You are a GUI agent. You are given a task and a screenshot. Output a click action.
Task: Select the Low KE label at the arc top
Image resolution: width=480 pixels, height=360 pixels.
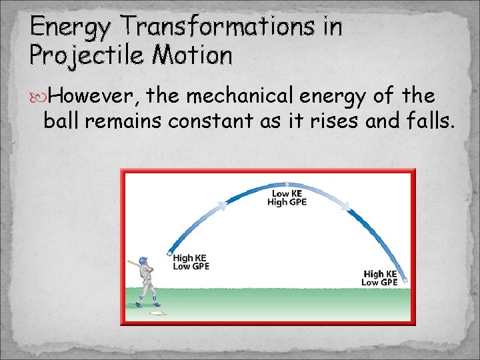pos(287,193)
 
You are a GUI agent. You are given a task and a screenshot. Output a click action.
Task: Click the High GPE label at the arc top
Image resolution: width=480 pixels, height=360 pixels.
pos(287,202)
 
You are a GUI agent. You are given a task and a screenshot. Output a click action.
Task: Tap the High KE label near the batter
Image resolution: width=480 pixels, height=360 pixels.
pos(190,258)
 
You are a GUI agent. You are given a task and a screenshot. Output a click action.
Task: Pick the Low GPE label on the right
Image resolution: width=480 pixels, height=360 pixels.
pos(379,283)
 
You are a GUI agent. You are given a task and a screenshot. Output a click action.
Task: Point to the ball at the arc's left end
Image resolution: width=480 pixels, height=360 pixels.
pos(169,253)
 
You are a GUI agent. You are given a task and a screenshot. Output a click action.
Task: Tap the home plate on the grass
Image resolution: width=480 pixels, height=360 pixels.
pos(158,313)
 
